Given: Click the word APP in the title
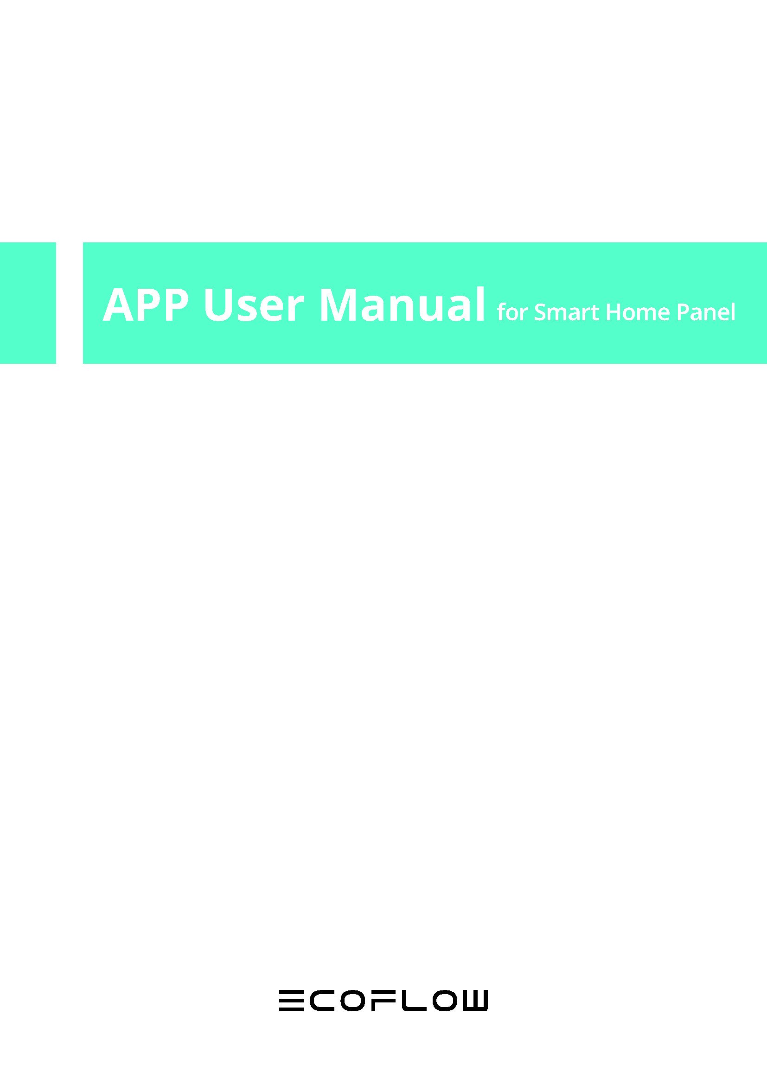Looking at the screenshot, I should click(x=146, y=305).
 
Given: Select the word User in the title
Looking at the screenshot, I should click(x=254, y=305).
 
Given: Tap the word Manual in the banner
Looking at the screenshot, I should click(x=403, y=305).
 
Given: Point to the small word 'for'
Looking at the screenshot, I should click(x=512, y=312).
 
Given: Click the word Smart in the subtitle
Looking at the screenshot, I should click(x=566, y=312).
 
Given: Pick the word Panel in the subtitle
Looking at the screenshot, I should click(x=706, y=312).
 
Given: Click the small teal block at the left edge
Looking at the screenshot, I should click(x=28, y=303).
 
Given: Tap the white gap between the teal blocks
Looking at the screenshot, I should click(x=70, y=303).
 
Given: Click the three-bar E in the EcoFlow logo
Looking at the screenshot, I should click(x=291, y=1001).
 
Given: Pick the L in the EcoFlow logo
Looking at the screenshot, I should click(x=414, y=1001).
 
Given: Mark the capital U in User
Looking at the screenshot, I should click(x=219, y=305).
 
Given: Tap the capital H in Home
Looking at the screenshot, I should click(x=614, y=312).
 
